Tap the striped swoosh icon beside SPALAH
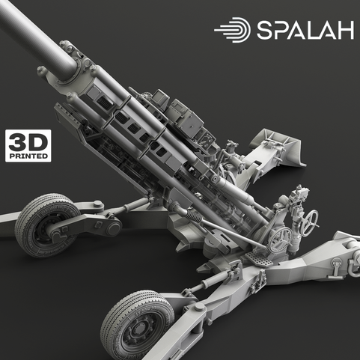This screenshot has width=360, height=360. click(233, 30)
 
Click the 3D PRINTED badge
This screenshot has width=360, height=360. click(28, 145)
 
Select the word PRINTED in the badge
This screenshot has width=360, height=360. click(28, 156)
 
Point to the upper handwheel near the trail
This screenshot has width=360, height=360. click(310, 219)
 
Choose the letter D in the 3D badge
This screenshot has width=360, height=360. click(37, 141)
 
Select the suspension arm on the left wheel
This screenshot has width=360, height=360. click(86, 225)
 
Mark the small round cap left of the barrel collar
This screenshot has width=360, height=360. click(42, 72)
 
